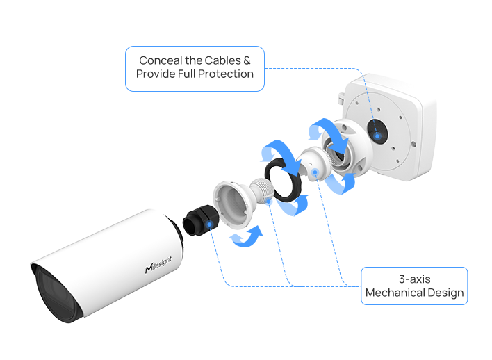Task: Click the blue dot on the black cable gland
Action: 208,224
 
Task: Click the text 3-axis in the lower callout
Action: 414,279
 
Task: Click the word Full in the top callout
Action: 183,74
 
